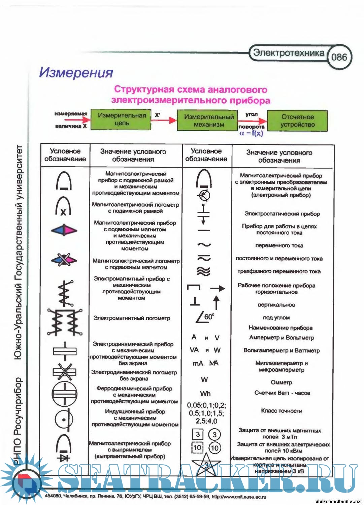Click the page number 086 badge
339,57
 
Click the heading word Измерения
76,72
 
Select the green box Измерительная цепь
122,120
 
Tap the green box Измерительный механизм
209,121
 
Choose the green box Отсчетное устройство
297,121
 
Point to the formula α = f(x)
251,133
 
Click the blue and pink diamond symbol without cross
64,230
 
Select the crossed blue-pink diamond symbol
64,260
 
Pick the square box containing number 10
197,447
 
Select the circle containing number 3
214,434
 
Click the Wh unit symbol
205,394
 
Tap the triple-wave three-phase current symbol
204,271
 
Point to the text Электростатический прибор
282,214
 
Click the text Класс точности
282,411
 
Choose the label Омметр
282,382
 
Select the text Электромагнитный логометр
132,318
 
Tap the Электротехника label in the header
289,53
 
